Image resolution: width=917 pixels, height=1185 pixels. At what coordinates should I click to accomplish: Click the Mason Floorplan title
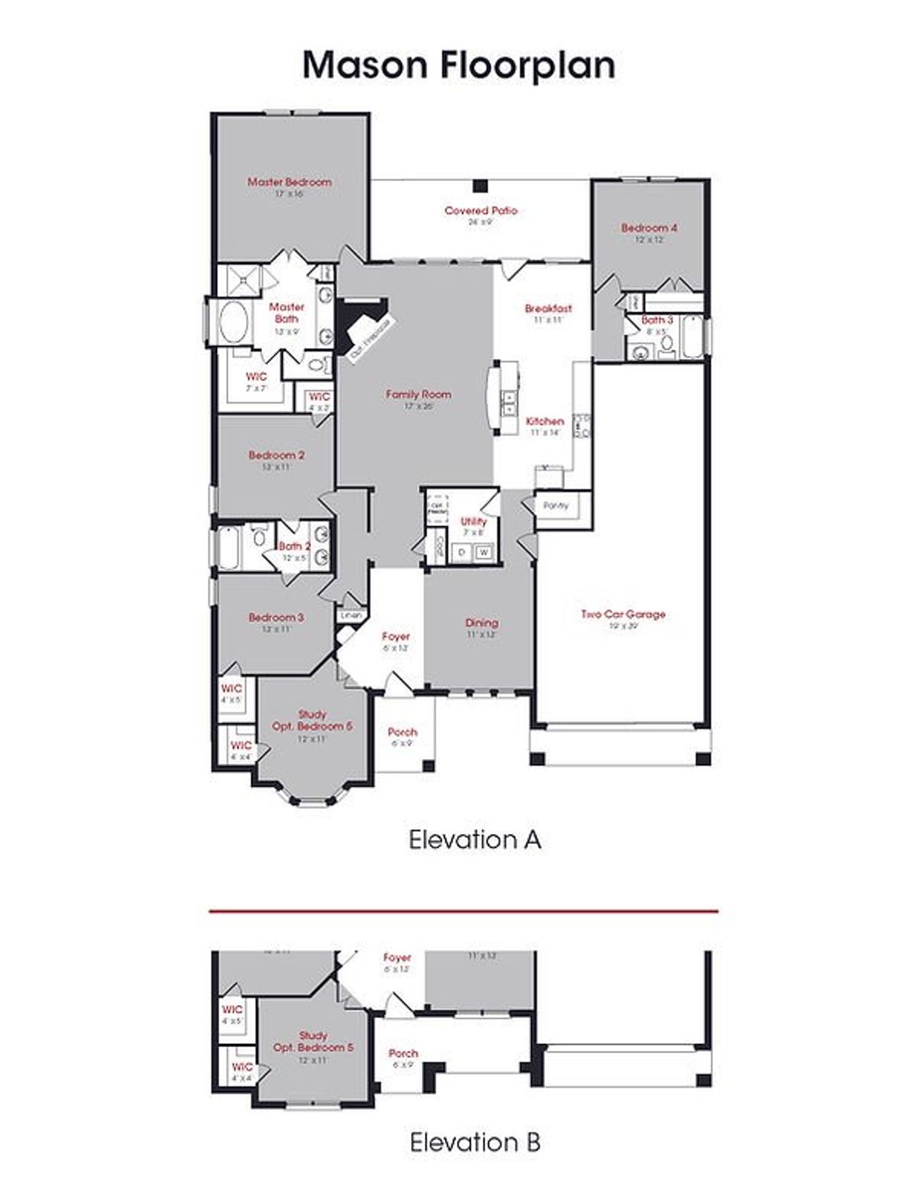[x=458, y=65]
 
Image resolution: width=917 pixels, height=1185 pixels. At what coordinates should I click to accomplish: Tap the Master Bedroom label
[x=289, y=182]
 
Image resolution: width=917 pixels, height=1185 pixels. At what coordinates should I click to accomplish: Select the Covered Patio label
[x=481, y=211]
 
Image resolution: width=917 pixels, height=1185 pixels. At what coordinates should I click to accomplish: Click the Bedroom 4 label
[x=649, y=228]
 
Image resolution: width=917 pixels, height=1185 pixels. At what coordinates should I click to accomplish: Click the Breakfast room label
[x=548, y=309]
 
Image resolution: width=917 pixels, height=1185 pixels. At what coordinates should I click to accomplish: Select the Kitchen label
[x=544, y=421]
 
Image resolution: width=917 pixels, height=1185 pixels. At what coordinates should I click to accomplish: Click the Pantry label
[x=556, y=506]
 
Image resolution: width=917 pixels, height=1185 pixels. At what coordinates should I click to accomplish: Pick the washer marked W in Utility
[x=484, y=552]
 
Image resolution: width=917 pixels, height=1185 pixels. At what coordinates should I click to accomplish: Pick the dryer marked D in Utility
[x=462, y=552]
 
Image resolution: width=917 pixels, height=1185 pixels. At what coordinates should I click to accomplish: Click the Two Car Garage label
[x=623, y=614]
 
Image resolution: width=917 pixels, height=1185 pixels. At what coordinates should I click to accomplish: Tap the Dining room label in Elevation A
[x=481, y=623]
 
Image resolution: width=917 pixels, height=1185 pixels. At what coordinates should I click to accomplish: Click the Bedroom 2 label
[x=277, y=455]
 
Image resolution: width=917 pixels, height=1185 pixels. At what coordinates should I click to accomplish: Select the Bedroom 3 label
[x=277, y=617]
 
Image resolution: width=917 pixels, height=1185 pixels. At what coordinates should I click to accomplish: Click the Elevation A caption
[x=474, y=839]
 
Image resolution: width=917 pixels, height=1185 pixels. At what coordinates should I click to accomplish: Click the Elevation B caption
[x=474, y=1141]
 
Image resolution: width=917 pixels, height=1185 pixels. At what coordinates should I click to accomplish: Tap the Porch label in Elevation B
[x=403, y=1053]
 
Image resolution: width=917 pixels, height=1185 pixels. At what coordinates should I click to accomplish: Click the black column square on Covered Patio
[x=481, y=186]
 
